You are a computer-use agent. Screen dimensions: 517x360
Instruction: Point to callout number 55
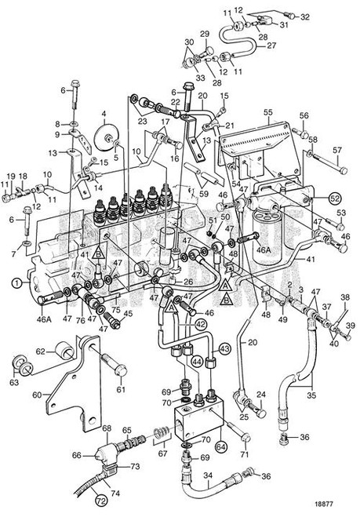click(x=267, y=113)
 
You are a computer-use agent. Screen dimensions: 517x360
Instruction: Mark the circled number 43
click(x=224, y=348)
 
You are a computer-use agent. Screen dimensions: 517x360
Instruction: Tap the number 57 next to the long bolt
click(x=338, y=150)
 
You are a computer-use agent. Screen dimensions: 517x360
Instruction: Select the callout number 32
click(x=305, y=16)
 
